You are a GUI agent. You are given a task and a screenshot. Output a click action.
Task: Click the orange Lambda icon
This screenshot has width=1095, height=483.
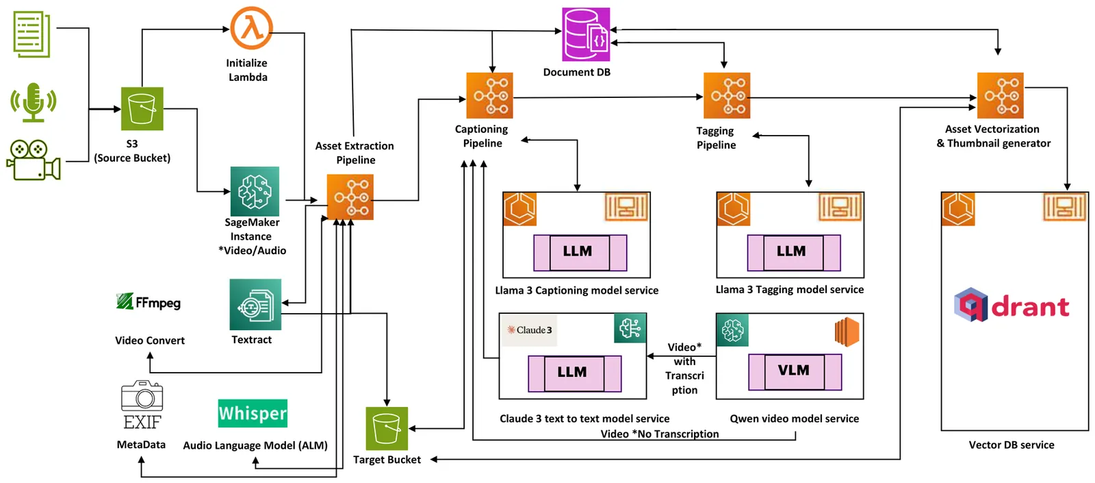[251, 28]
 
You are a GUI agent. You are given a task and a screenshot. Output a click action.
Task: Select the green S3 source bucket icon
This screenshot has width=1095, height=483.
[142, 108]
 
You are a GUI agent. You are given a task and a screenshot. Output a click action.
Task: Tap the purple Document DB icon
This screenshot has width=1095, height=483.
[586, 34]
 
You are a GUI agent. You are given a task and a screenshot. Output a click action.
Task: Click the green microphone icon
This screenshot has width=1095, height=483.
[33, 102]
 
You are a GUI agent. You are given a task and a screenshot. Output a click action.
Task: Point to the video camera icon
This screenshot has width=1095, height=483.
[34, 160]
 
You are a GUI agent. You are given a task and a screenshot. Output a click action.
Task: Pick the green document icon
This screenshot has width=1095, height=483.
[31, 34]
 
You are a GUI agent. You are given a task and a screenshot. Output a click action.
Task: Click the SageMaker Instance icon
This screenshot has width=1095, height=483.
[255, 191]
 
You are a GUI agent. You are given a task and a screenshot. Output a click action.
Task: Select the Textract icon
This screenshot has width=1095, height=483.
[255, 304]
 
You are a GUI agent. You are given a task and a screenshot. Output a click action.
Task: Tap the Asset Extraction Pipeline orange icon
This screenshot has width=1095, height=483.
[350, 197]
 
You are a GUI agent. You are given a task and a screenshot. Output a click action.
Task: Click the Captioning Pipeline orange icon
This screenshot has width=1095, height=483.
[489, 95]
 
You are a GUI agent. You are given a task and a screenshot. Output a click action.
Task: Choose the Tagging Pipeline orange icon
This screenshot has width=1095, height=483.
[727, 95]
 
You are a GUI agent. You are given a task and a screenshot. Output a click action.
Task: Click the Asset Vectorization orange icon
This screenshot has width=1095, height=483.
[1000, 95]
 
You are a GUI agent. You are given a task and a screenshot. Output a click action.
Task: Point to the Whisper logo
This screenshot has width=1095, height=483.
[253, 413]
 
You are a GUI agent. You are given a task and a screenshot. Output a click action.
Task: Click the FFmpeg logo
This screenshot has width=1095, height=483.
[149, 302]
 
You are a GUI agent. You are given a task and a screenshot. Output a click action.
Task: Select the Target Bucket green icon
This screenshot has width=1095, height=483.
[387, 428]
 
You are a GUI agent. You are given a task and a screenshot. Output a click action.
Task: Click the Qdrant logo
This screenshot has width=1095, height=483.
[1012, 306]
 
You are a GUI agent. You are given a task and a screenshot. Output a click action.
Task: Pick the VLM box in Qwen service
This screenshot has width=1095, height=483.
[795, 371]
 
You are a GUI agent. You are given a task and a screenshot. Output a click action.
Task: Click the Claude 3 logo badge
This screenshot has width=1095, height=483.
[529, 330]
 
